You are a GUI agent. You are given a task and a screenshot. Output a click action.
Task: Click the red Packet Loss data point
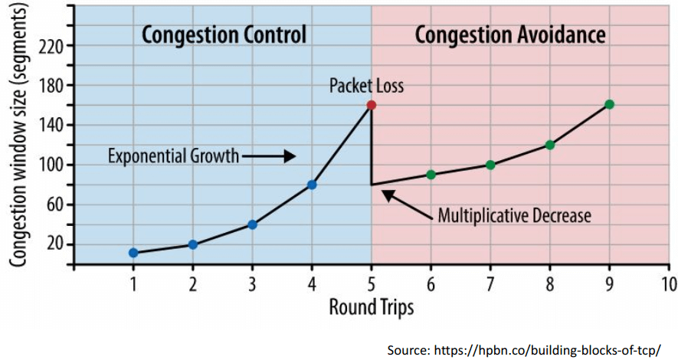click(x=372, y=105)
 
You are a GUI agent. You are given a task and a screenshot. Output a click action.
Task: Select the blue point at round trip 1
click(x=133, y=253)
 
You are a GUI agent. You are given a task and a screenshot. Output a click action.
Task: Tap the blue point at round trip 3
click(x=252, y=224)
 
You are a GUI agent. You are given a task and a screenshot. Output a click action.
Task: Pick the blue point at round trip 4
click(x=312, y=185)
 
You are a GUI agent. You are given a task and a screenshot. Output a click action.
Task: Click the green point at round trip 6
click(x=431, y=175)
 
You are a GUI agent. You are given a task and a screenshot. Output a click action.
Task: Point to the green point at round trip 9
click(x=609, y=104)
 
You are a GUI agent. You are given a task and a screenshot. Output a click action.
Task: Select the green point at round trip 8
click(x=549, y=145)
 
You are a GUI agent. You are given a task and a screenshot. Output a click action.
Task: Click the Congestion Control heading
click(x=224, y=34)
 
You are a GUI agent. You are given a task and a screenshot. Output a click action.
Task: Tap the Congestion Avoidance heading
click(x=510, y=34)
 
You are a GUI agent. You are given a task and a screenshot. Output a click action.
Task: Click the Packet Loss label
click(x=366, y=86)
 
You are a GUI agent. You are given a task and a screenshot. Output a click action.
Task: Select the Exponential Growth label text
click(x=173, y=156)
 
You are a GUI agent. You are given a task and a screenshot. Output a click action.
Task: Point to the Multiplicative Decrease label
click(x=514, y=215)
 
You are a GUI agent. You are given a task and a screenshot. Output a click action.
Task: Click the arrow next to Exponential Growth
click(x=268, y=156)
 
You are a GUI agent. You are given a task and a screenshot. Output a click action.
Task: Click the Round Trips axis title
click(x=372, y=308)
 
